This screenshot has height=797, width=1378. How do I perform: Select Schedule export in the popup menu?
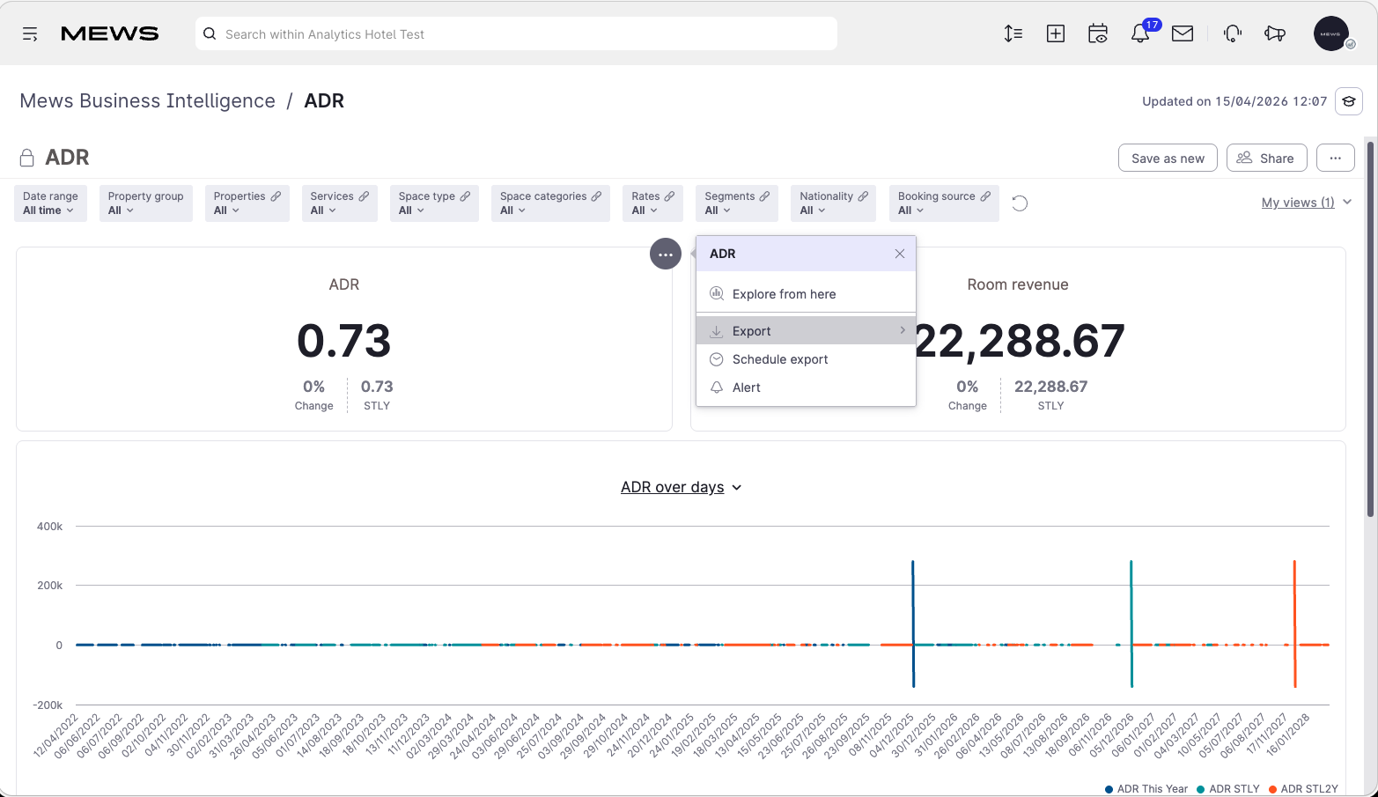779,359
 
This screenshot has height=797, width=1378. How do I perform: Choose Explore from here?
783,294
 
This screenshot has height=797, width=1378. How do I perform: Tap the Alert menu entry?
746,387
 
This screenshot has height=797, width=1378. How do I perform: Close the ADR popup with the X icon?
899,254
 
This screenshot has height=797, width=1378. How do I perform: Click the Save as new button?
1167,159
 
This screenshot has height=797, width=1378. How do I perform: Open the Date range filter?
50,203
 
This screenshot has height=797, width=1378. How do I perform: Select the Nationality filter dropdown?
833,203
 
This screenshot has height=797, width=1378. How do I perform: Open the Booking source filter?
944,203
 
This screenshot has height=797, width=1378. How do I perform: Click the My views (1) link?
1297,203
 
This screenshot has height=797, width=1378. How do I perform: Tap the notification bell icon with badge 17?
1140,33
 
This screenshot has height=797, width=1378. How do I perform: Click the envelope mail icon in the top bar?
1182,33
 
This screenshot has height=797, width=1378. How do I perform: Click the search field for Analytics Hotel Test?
516,33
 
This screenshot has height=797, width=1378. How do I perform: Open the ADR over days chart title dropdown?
681,487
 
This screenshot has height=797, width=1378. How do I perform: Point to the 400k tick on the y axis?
50,527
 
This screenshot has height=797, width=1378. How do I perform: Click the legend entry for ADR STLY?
1228,789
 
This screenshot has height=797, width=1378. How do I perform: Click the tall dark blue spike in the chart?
913,624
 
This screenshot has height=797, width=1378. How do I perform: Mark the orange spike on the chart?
1294,624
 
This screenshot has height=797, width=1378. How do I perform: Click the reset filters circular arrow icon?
1020,203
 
